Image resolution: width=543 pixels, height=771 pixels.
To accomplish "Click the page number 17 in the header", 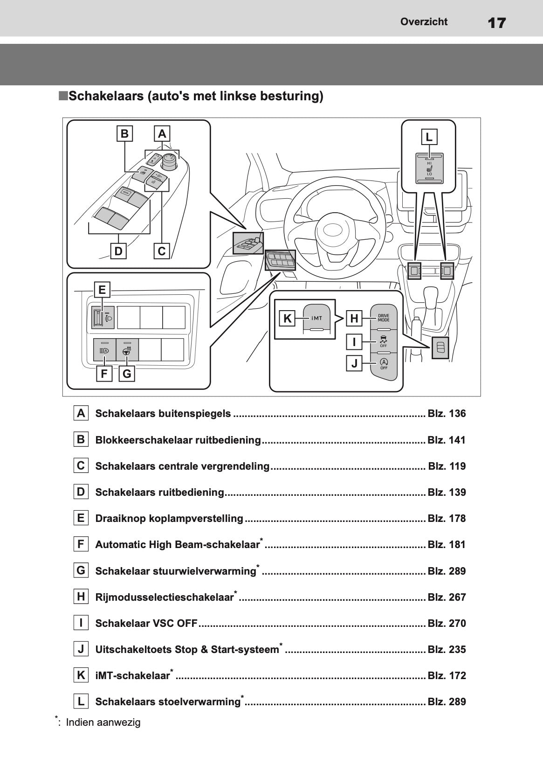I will tap(496, 22).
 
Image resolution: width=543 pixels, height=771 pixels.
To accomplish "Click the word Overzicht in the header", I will tap(424, 21).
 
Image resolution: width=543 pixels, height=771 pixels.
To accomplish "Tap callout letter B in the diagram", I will tap(124, 134).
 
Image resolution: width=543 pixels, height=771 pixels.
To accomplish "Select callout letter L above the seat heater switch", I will tap(429, 137).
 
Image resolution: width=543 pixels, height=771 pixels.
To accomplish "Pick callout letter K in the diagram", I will tap(288, 319).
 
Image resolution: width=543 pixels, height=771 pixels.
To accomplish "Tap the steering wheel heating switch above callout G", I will tap(127, 350).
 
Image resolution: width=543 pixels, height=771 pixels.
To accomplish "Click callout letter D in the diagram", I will tap(118, 251).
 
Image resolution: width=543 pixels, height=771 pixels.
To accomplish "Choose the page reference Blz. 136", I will tap(447, 414).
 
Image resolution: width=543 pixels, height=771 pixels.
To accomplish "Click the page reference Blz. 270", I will tap(447, 623).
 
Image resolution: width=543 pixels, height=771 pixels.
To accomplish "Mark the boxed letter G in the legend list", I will tap(81, 570).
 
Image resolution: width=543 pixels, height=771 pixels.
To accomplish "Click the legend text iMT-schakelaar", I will tap(132, 676).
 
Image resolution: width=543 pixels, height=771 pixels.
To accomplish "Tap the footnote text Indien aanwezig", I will tap(103, 722).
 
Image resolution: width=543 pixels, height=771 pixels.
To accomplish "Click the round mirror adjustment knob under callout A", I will tap(169, 161).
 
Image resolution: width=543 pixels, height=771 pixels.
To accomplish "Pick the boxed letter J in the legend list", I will tap(81, 649).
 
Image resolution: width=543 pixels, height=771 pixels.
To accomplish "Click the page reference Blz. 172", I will tap(447, 675).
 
